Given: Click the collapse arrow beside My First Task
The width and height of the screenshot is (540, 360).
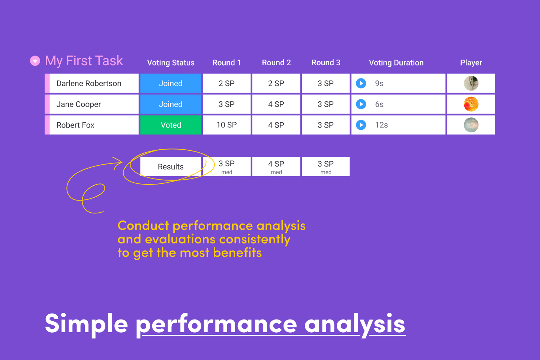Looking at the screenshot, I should (x=35, y=61).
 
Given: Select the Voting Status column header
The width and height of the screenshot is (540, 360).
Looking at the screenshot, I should (x=171, y=63).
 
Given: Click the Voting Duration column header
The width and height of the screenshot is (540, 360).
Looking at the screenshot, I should (x=396, y=63).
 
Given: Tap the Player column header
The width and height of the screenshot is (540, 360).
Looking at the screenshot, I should (x=471, y=63).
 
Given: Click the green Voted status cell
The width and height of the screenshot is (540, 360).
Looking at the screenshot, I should (x=171, y=125).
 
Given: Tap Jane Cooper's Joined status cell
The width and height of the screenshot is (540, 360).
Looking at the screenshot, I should (x=171, y=104).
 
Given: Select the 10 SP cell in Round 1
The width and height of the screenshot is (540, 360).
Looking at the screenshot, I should (x=226, y=125).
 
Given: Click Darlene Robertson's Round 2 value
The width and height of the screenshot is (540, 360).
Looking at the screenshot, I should (x=276, y=83).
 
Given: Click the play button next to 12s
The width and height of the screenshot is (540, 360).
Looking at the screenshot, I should (x=361, y=125).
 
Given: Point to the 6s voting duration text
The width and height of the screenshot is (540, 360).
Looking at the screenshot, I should (x=379, y=104).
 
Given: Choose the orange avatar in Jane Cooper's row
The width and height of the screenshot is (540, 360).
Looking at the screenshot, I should (x=471, y=104).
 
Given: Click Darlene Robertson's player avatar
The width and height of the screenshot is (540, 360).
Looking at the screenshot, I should (x=471, y=83).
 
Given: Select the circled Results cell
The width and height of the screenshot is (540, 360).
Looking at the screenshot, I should (x=171, y=166).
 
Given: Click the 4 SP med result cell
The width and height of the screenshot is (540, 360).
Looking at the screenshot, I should (x=276, y=166).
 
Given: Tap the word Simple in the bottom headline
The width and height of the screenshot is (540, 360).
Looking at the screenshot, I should (x=86, y=323).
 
